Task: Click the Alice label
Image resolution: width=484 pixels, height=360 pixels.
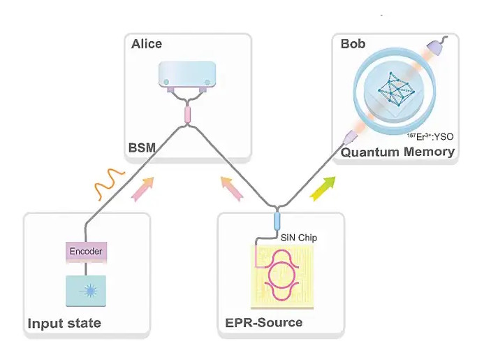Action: point(147,44)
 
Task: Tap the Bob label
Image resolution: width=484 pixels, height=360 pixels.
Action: point(353,44)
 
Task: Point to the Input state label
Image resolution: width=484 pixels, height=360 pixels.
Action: point(64,323)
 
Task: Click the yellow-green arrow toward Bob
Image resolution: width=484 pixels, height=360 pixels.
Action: point(322,187)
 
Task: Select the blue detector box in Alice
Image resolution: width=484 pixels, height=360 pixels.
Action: point(186,75)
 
